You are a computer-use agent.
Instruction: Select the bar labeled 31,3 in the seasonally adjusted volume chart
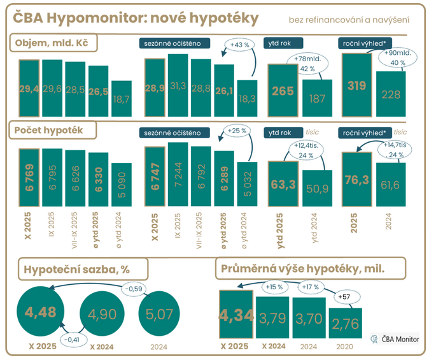pyautogui.click(x=178, y=83)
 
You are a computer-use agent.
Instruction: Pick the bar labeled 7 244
pyautogui.click(x=178, y=172)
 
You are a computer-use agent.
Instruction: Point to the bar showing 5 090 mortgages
pyautogui.click(x=122, y=182)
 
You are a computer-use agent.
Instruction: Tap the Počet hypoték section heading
pyautogui.click(x=52, y=130)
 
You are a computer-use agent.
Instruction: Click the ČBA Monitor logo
pyautogui.click(x=395, y=339)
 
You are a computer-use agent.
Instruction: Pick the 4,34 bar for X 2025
pyautogui.click(x=236, y=315)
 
